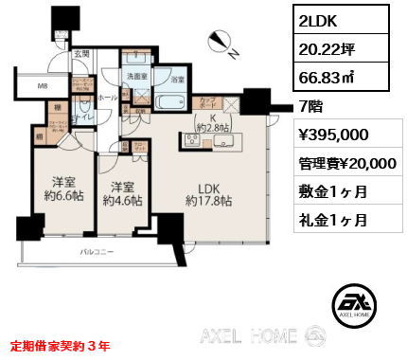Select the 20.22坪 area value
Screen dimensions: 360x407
coord(323,52)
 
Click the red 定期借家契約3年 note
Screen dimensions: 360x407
coord(60,346)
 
